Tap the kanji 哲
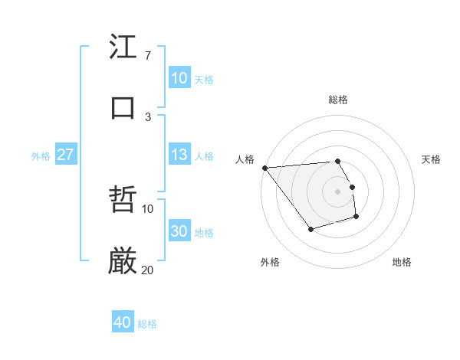coord(123,200)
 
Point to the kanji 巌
coord(123,260)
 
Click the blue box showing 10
coord(179,78)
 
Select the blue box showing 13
coord(179,155)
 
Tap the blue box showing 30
coord(179,232)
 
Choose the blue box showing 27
coord(66,155)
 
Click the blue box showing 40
coord(123,322)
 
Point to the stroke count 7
coord(147,56)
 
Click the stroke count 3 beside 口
coord(148,116)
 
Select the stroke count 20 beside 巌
coord(148,270)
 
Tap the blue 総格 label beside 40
coord(148,324)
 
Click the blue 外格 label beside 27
coord(41,156)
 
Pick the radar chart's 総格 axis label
coord(338,100)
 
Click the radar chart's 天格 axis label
coord(432,159)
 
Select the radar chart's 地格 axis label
coord(402,262)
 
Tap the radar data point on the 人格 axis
coord(264,168)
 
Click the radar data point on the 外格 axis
coord(310,229)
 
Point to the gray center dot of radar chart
coord(338,191)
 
